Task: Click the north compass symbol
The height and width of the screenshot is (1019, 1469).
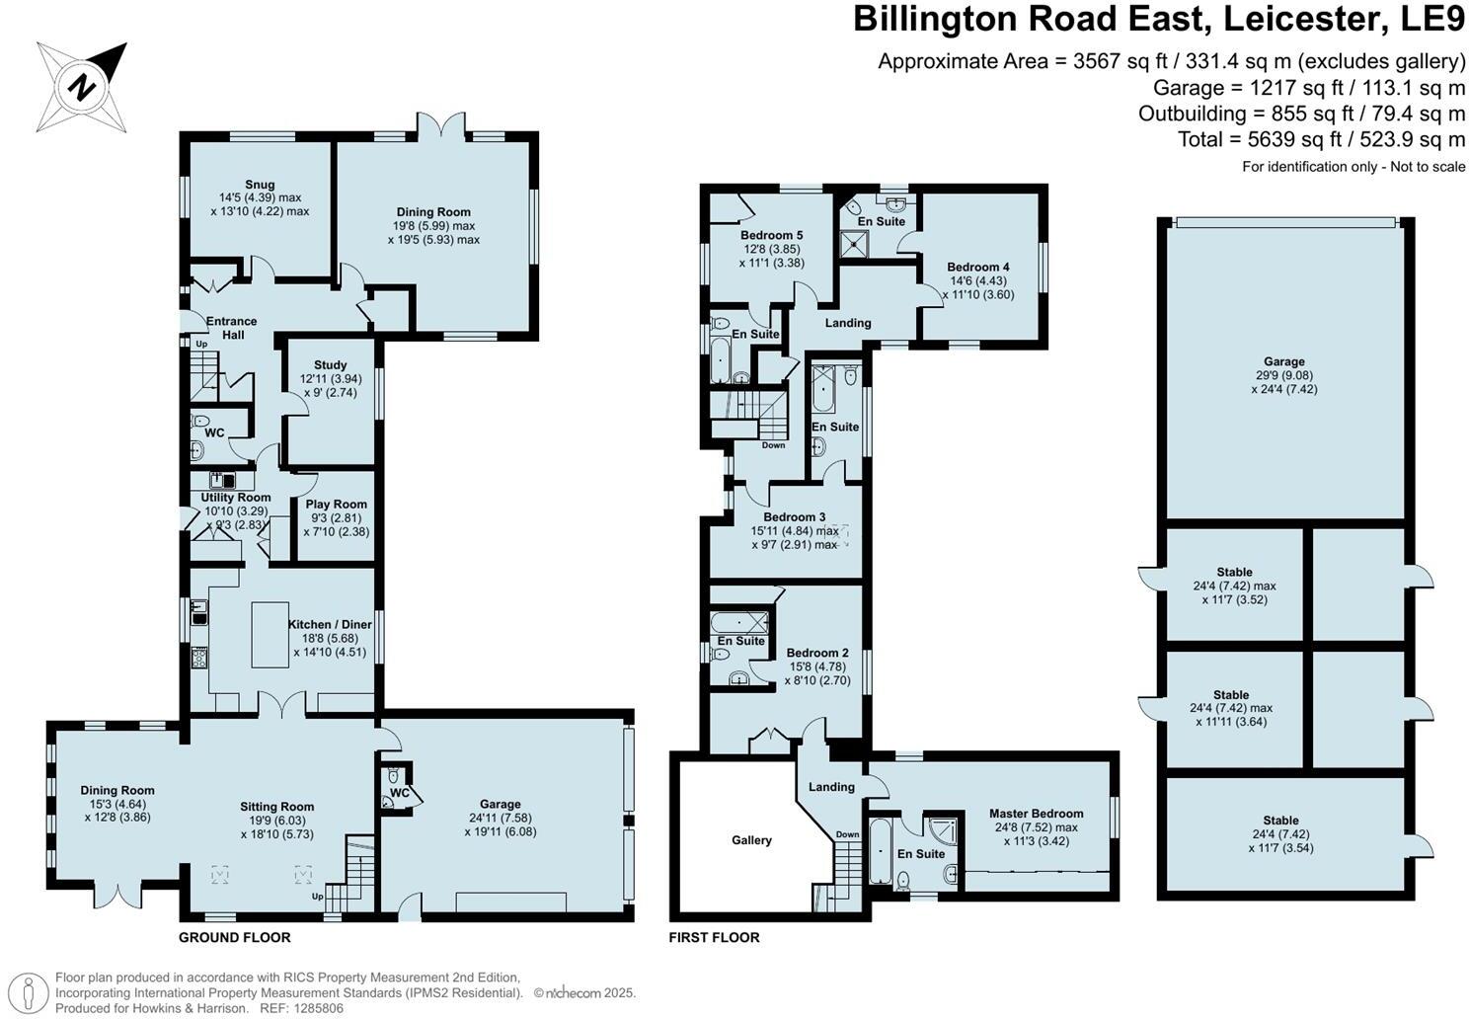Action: point(82,87)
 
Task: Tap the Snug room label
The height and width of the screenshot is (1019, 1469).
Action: point(260,185)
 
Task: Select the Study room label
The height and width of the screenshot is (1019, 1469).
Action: point(330,365)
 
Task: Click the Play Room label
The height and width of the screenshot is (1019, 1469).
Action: point(336,505)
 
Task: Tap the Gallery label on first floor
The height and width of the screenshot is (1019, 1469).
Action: point(751,840)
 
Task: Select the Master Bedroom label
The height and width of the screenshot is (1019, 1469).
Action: point(1036,814)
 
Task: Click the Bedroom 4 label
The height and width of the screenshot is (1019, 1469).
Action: point(977,267)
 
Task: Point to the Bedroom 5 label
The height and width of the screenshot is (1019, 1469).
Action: point(771,235)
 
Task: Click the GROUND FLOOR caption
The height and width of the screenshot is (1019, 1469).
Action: point(234,937)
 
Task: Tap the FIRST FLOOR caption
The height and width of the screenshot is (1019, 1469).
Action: point(714,937)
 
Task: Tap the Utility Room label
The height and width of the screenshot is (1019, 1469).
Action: point(236,498)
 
